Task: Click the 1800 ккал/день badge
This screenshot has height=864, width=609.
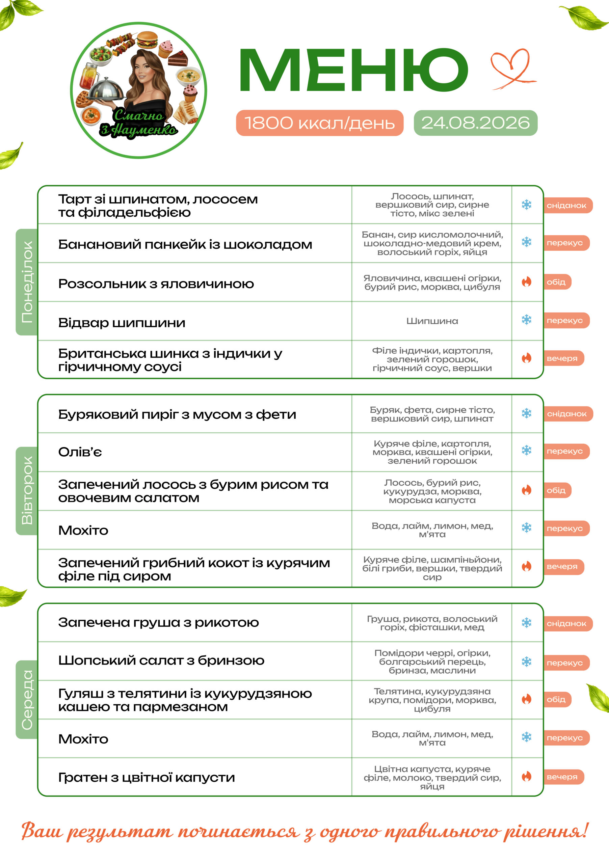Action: (320, 123)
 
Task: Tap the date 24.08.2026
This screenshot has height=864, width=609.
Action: (475, 123)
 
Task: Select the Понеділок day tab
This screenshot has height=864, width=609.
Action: (27, 282)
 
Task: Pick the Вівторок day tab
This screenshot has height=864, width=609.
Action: (27, 491)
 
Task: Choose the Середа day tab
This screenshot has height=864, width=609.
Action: (27, 700)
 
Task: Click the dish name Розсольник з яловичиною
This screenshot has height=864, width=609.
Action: (156, 284)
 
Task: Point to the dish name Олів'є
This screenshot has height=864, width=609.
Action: (80, 452)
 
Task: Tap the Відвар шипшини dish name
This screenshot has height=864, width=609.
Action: (122, 323)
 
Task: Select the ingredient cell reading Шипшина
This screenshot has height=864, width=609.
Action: (432, 321)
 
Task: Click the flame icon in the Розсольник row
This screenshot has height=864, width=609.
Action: (527, 281)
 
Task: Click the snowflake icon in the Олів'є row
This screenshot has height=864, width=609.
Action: (527, 450)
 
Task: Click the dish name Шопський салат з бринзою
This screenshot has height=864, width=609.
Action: (161, 660)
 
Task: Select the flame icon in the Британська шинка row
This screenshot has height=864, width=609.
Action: (527, 358)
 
